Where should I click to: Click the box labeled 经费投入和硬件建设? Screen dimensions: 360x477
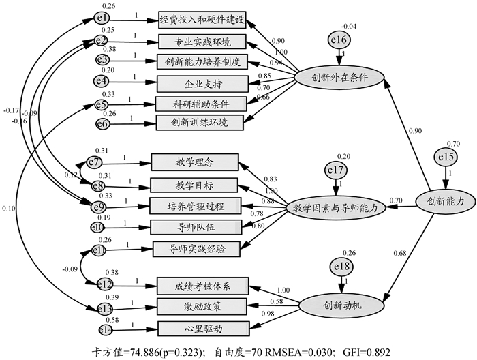(201, 19)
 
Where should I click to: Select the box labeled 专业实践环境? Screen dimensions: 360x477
(201, 41)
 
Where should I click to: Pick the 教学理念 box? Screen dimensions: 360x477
(194, 162)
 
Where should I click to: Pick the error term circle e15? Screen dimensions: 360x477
(446, 159)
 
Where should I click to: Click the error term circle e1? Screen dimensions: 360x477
(103, 18)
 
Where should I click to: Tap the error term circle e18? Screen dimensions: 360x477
(339, 267)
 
